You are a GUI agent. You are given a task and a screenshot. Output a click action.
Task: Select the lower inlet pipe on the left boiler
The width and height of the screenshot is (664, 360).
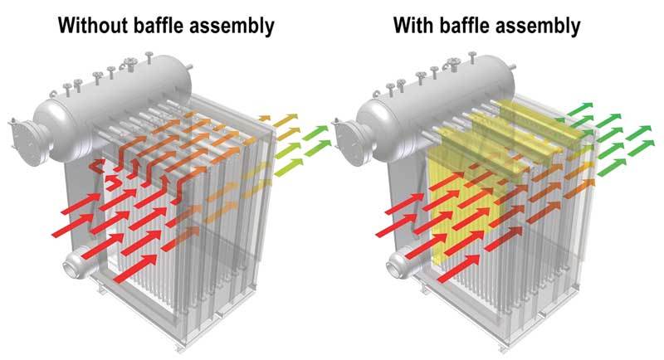(x=77, y=264)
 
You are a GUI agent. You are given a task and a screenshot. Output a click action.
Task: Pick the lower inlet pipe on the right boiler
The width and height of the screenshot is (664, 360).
(x=400, y=265)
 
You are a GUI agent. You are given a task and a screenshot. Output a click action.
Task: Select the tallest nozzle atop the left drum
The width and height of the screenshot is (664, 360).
(x=149, y=58)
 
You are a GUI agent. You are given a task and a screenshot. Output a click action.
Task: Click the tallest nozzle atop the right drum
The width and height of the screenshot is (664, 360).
(x=472, y=58)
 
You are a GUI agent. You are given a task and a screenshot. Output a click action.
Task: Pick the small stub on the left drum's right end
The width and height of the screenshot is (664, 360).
(x=189, y=67)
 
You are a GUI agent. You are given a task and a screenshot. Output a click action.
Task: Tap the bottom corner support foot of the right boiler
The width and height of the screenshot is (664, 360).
(x=503, y=347)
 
